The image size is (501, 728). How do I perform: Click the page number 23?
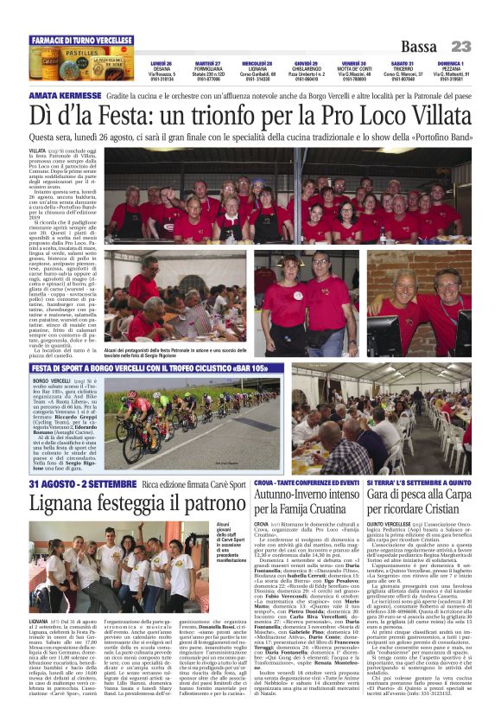(460, 47)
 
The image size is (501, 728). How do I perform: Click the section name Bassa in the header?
(420, 47)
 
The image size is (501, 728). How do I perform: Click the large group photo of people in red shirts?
(294, 197)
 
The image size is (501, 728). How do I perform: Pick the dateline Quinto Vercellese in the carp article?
(390, 523)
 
